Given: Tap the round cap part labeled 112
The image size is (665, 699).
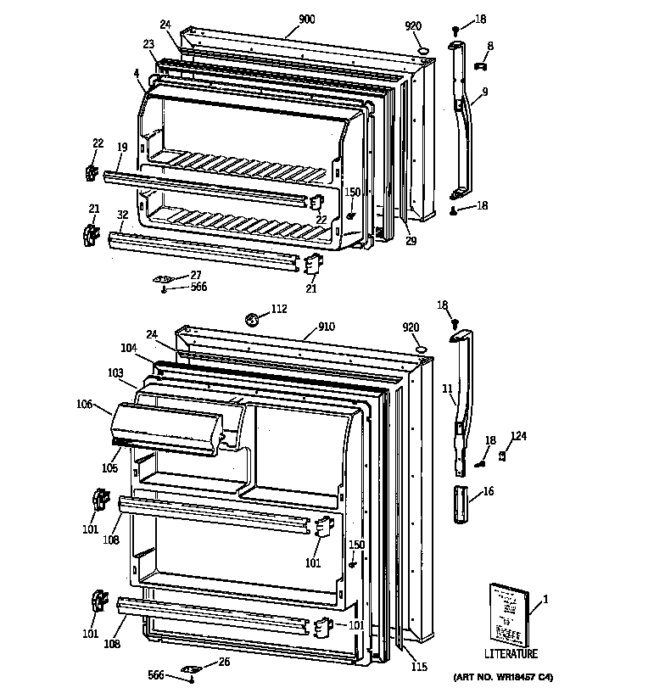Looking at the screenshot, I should point(251,321).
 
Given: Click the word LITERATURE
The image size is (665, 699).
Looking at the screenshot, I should point(511,654).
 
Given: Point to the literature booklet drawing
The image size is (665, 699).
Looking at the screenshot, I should point(507,614).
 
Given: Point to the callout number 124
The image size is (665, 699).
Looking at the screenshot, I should point(517,437).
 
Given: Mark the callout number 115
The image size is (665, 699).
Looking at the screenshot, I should point(419,667).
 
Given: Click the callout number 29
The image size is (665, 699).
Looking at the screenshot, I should point(411,242).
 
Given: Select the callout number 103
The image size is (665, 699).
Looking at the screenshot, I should point(115,372).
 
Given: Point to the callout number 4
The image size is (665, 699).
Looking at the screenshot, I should point(136,73).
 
